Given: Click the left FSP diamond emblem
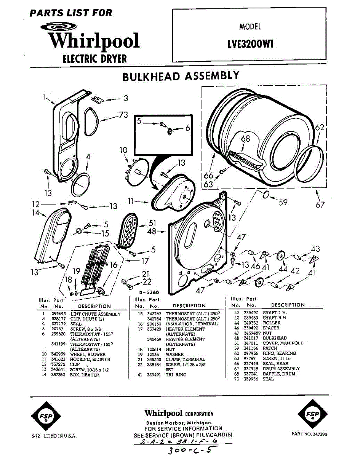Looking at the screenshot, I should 42,415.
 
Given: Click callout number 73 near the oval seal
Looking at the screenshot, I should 123,114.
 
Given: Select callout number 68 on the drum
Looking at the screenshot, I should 245,139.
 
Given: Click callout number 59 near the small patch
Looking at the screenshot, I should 283,202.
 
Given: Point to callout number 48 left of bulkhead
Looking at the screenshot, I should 152,231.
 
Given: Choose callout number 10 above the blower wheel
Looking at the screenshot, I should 123,150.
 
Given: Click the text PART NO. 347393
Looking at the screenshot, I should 309,434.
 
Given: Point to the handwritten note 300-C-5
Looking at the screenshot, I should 188,449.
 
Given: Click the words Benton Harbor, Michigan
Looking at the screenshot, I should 179,423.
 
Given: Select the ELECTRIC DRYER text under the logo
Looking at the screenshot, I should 94,59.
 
